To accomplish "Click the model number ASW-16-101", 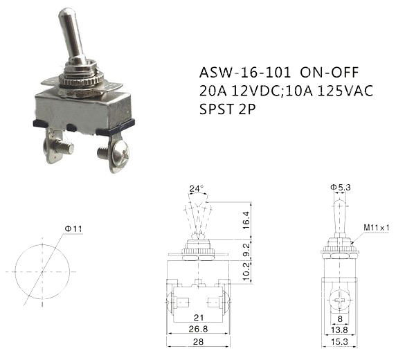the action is pyautogui.click(x=244, y=73).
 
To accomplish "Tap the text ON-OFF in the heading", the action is pyautogui.click(x=330, y=73).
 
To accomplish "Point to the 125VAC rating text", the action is pyautogui.click(x=345, y=91).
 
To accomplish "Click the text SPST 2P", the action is pyautogui.click(x=228, y=109).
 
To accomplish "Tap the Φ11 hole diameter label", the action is pyautogui.click(x=73, y=229).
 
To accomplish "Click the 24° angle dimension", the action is pyautogui.click(x=197, y=189).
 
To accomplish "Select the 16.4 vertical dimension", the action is pyautogui.click(x=246, y=220).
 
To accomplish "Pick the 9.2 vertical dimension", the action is pyautogui.click(x=246, y=249).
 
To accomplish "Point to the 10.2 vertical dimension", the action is pyautogui.click(x=246, y=272).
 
